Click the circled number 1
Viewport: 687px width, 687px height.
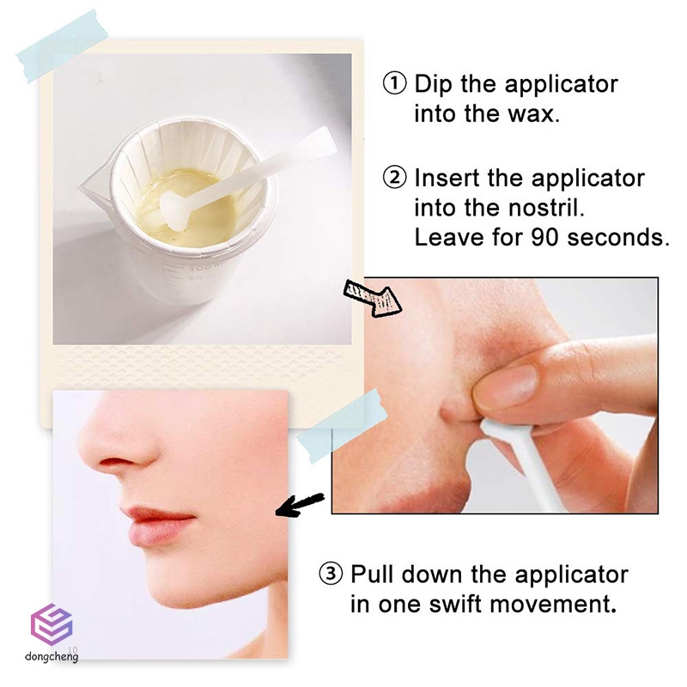click(x=393, y=84)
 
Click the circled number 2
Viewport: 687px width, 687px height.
click(x=393, y=179)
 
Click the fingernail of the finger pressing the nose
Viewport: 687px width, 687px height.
click(x=508, y=383)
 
